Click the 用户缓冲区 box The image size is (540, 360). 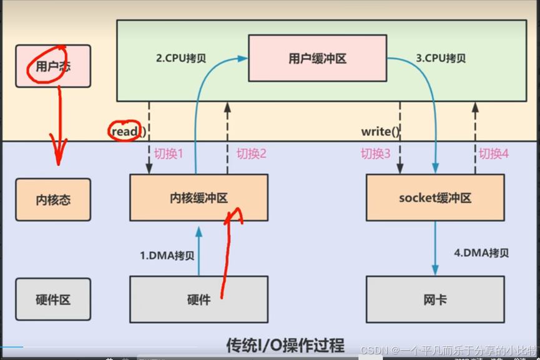point(317,59)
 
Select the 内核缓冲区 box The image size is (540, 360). point(199,198)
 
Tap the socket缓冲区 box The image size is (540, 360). point(435,198)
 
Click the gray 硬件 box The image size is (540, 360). point(199,300)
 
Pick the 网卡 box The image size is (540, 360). point(435,300)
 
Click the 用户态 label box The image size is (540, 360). point(53,66)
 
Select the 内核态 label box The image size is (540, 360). point(53,200)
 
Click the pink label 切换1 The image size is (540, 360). point(168,153)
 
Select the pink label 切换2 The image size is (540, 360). point(252,153)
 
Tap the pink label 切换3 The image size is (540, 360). point(375,153)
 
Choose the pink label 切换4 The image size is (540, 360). point(493,153)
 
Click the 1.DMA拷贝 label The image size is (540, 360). point(167,255)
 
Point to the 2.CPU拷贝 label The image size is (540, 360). point(181,59)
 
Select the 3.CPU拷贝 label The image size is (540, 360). point(440,59)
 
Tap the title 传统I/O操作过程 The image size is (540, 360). point(285,344)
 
